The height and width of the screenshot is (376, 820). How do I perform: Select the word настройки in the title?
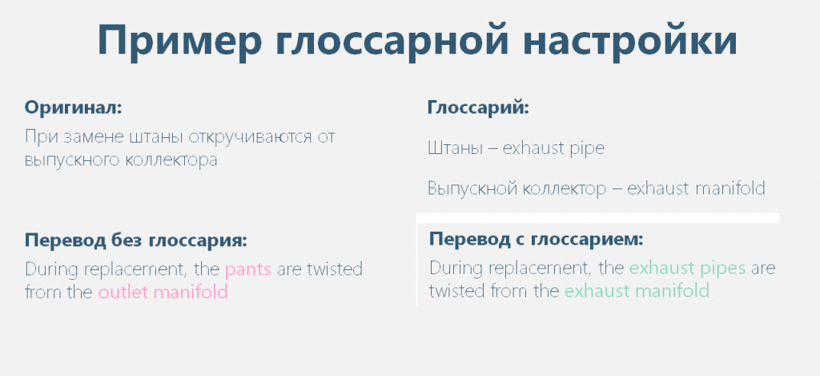click(x=630, y=40)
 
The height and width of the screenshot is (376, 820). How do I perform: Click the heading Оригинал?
click(x=73, y=108)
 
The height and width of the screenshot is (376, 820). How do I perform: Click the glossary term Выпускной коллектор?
click(x=517, y=188)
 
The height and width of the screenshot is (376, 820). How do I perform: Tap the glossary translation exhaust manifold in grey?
click(x=696, y=188)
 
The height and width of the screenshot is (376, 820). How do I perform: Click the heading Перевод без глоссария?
click(x=136, y=241)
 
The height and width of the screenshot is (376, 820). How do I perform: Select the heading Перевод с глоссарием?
click(x=536, y=240)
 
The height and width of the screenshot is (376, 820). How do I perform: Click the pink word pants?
click(x=248, y=271)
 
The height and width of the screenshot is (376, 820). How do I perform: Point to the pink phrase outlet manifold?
click(x=163, y=292)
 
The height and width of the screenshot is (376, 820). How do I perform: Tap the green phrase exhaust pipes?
click(x=687, y=269)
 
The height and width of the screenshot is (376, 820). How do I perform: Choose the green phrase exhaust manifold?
click(x=637, y=291)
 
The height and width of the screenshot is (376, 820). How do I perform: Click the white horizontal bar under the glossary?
click(x=597, y=218)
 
